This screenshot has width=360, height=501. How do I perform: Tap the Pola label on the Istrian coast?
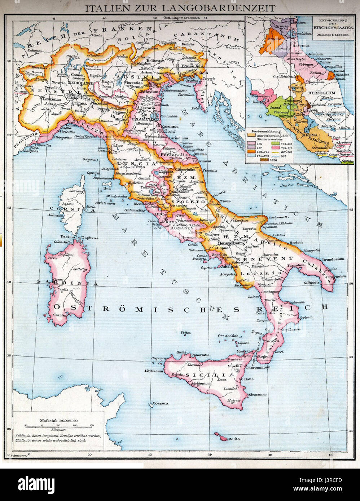pyautogui.click(x=196, y=108)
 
